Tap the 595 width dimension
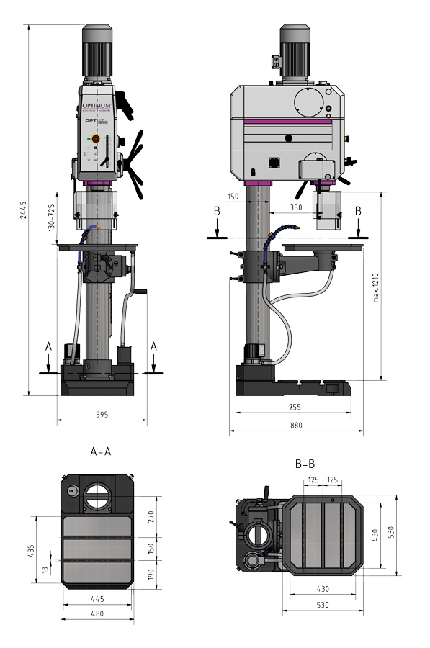click(101, 414)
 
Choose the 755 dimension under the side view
click(296, 407)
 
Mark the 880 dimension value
click(296, 426)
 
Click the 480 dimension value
click(98, 614)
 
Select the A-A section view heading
click(100, 452)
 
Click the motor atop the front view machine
click(97, 52)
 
